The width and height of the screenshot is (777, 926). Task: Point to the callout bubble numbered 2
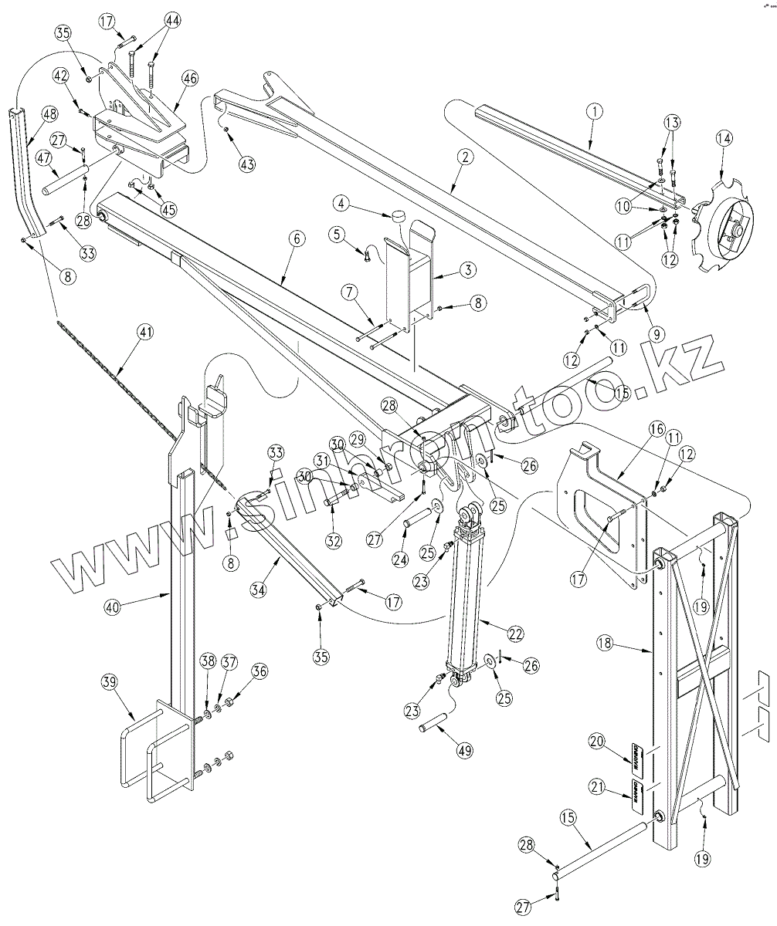463,156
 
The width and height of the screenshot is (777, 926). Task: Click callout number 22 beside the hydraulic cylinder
515,633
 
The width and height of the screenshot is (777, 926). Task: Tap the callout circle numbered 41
144,333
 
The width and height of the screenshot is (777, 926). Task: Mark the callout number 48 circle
49,114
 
